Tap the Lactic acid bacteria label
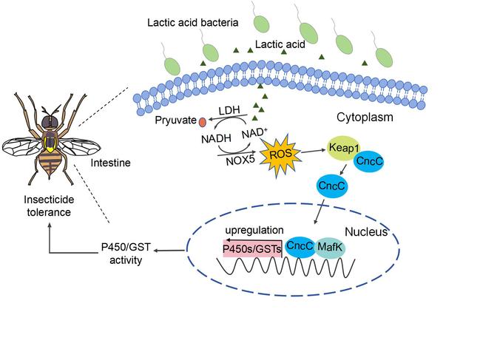pos(193,23)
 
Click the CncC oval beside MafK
pos(300,248)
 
